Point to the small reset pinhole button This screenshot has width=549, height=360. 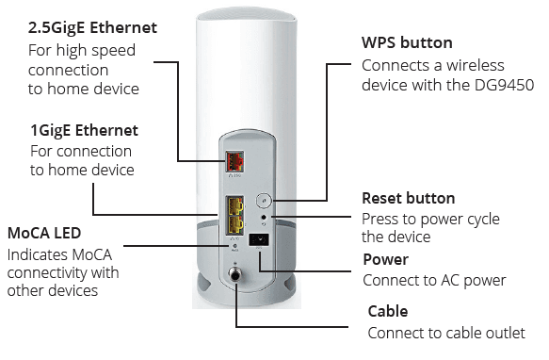click(x=265, y=217)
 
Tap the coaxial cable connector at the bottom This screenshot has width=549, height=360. click(x=235, y=277)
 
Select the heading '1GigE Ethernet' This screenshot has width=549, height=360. click(x=84, y=130)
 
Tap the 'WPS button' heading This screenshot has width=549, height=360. click(x=407, y=43)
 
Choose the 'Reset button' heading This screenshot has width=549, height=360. click(x=409, y=199)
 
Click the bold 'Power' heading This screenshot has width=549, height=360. click(x=386, y=259)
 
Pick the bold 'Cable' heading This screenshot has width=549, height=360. click(x=387, y=311)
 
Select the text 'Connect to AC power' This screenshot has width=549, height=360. click(x=434, y=280)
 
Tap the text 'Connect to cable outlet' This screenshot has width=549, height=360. click(x=445, y=333)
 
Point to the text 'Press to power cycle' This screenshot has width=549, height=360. click(x=430, y=219)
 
